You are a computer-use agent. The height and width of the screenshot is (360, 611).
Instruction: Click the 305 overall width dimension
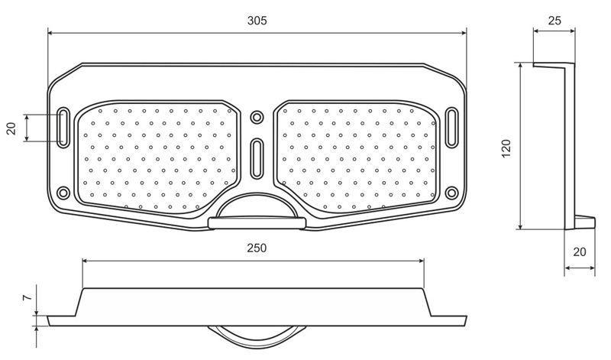coord(257,21)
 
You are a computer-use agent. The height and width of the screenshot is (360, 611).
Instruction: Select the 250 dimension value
coord(257,248)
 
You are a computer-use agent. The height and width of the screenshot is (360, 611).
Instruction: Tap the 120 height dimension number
coord(506,148)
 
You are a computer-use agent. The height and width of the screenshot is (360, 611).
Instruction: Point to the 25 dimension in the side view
coord(554,21)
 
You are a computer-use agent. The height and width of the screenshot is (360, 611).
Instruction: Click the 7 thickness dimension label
coord(27,298)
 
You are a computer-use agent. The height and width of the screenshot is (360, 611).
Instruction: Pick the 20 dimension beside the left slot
coord(11,128)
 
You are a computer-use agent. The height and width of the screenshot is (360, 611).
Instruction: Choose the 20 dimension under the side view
coord(580,252)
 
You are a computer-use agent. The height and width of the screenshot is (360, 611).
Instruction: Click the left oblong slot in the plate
coord(63,128)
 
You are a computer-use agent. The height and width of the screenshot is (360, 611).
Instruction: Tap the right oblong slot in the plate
coord(451,128)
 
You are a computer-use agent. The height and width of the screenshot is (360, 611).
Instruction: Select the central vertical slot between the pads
coord(257,158)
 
